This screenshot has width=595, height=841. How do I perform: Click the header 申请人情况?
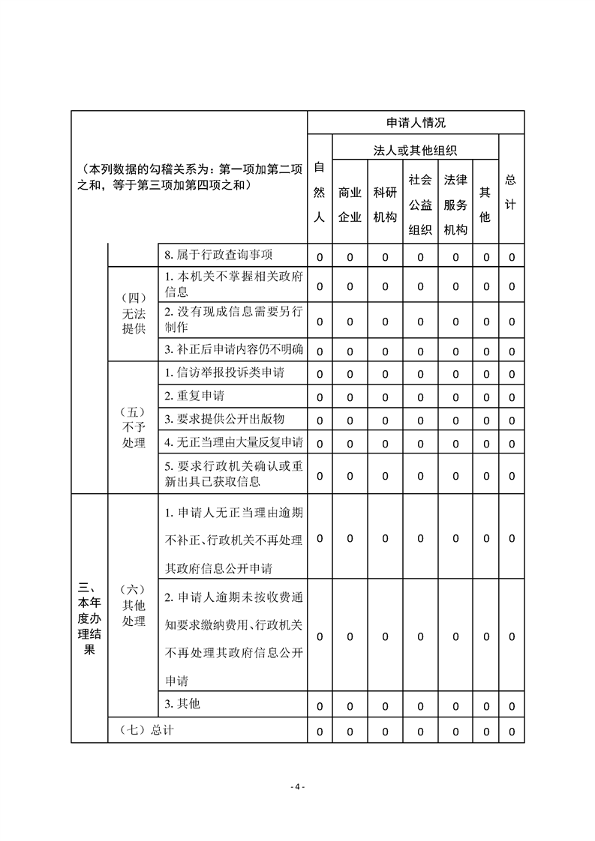[415, 123]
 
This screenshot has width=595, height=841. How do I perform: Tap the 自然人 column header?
[319, 193]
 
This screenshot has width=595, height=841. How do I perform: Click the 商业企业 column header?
[350, 205]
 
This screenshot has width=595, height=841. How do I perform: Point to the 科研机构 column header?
[385, 205]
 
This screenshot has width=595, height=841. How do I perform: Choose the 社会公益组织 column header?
[420, 205]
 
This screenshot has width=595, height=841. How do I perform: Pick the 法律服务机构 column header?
[455, 205]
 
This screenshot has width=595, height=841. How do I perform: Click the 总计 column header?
[511, 193]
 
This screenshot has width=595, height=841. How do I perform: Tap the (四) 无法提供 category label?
[134, 313]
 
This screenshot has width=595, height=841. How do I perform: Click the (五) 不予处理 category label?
[134, 427]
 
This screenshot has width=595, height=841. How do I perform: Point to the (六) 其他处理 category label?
[134, 605]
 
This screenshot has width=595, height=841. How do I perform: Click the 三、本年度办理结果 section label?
[89, 618]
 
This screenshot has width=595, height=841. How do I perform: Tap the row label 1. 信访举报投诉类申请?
[224, 372]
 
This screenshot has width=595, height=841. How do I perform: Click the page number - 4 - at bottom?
[297, 786]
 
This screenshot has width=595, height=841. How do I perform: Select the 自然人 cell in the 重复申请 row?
[319, 397]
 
